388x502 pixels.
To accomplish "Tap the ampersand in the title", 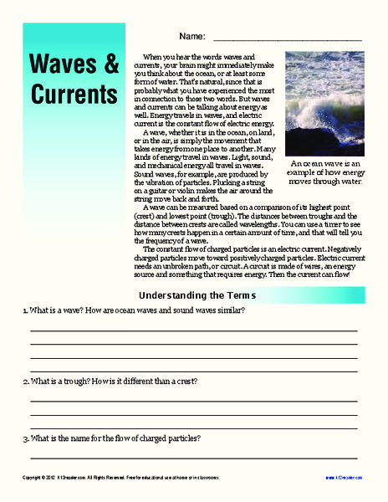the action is [x=110, y=64].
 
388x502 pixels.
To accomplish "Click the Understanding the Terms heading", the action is [x=197, y=295].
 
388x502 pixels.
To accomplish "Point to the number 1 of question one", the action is [x=24, y=311].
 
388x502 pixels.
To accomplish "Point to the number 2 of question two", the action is [x=24, y=382].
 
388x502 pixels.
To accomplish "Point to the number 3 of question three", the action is [x=24, y=438].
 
